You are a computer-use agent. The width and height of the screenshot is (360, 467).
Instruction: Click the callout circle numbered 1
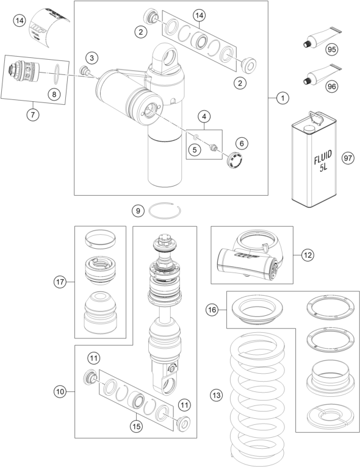[x=282, y=98]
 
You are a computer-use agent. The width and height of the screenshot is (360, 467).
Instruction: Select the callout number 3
[x=92, y=57]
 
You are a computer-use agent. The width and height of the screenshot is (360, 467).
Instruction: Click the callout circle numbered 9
[x=139, y=211]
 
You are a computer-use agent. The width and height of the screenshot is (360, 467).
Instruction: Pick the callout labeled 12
[x=308, y=254]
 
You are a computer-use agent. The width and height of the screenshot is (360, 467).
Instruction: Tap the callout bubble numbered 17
[x=60, y=282]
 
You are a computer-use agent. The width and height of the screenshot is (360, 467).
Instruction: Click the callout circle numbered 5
[x=195, y=148]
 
